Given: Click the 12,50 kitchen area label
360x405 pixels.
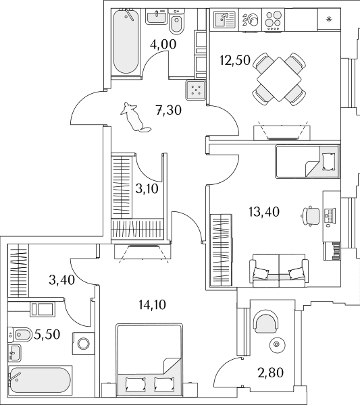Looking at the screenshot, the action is point(235,60).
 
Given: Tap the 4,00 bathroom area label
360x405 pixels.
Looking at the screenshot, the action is point(163,44).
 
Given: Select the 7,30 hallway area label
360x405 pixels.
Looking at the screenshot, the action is point(169,110).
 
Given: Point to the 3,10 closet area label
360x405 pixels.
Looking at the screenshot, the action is point(147,189).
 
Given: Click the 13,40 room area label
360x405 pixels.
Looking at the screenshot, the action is point(264,212).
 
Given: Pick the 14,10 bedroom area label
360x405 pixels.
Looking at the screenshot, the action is point(152,305).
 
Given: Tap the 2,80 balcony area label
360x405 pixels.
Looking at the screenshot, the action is point(271,373).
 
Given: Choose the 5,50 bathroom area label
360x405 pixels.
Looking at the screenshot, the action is point(47,335).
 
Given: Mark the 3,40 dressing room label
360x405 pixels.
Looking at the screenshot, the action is point(61,280).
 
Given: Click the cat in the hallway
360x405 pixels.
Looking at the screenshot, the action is point(134,117).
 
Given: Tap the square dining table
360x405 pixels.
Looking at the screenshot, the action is point(279,79).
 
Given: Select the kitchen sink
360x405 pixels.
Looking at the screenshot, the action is point(224,20).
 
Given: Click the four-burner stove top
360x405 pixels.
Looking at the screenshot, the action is point(274,20).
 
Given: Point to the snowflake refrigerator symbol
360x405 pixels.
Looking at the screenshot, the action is point(329,19).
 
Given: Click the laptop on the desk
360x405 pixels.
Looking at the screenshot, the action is point(330,216).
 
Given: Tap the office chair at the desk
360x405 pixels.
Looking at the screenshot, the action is point(311,216).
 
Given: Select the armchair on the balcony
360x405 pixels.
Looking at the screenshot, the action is point(267,321).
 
